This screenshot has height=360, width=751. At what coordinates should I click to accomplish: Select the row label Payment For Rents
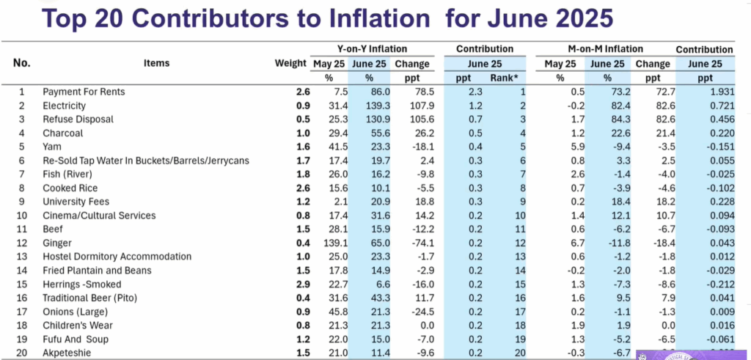coord(84,92)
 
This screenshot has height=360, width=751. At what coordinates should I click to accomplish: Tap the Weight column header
coord(290,63)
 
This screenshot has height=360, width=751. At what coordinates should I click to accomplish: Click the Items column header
coord(156,63)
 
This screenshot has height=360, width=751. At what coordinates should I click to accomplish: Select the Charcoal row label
coord(63,133)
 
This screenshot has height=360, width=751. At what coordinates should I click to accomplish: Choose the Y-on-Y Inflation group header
coord(372,49)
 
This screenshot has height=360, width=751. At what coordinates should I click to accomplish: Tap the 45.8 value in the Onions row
coord(334,312)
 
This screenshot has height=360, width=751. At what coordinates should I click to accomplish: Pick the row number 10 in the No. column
coord(22,216)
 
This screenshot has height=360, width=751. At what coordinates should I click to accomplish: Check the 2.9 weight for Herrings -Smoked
coord(303,284)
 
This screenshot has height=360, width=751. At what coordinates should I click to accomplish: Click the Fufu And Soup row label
coord(76,339)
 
